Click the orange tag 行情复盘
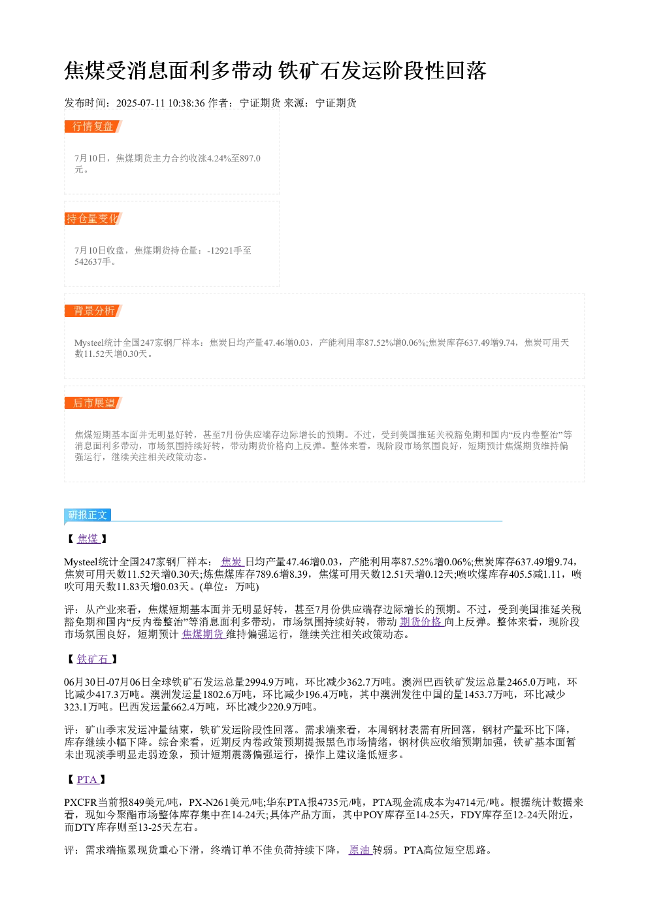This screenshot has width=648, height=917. coord(93,127)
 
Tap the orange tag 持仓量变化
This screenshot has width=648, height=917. coord(93,218)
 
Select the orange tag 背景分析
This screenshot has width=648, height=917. coord(93,310)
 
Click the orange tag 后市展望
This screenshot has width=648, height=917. coord(93,403)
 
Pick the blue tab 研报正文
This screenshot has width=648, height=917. coord(88,514)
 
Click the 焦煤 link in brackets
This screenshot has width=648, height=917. coord(89,539)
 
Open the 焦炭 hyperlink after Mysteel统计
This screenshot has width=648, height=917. coord(233,561)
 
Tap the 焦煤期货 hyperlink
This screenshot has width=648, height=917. coord(204,634)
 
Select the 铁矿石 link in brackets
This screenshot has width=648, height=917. coord(93,659)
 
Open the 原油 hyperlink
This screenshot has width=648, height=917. coord(360,850)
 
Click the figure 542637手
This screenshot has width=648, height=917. coord(93,261)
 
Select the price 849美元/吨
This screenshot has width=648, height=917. coord(154,803)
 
